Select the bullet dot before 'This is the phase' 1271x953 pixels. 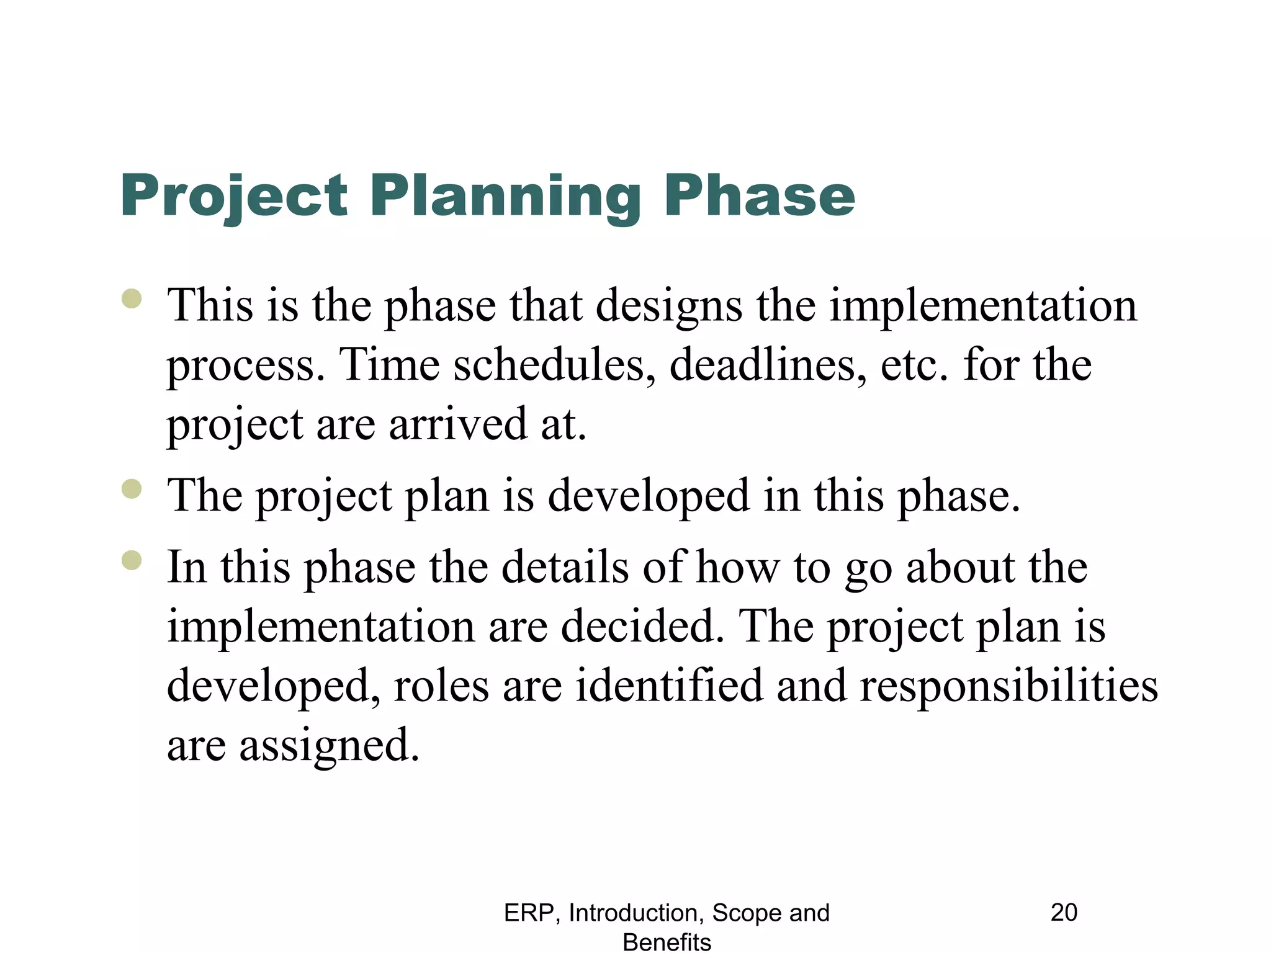click(x=132, y=299)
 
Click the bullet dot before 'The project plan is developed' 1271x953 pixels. click(x=132, y=489)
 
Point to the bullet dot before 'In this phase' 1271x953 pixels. click(x=132, y=560)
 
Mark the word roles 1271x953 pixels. click(x=441, y=686)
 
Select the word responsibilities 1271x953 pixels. click(x=1008, y=687)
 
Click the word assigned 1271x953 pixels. click(x=329, y=746)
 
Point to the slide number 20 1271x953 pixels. click(x=1064, y=913)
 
